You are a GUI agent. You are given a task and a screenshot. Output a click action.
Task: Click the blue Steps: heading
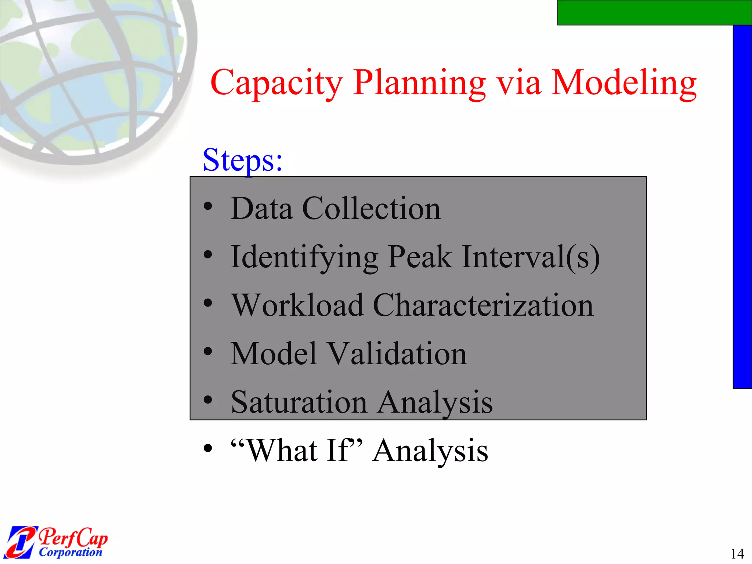(x=243, y=160)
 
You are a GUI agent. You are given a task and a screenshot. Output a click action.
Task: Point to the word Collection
(x=371, y=209)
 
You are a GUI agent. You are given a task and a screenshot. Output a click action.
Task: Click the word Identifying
(x=304, y=257)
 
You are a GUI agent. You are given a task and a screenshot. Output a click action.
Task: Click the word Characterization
(x=483, y=305)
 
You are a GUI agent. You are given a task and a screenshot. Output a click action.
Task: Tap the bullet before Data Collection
(x=208, y=206)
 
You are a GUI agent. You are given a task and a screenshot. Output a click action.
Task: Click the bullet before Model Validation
(x=208, y=351)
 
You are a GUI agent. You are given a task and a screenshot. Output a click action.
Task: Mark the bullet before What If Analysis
(x=208, y=448)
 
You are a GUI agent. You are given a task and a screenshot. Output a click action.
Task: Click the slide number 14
(x=737, y=553)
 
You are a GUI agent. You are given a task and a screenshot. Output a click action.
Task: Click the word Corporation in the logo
(x=70, y=552)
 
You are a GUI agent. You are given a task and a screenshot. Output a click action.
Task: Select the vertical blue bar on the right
(x=742, y=206)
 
